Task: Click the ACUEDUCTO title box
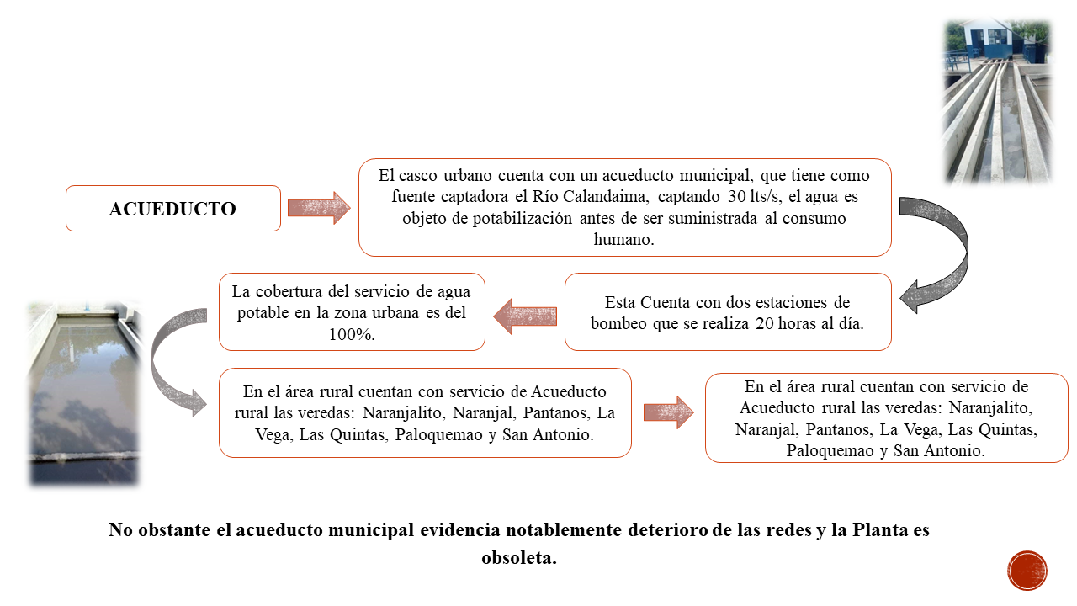[x=173, y=208]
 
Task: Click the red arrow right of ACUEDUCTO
[x=319, y=208]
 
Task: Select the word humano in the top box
[x=623, y=239]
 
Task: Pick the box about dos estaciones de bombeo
[x=728, y=311]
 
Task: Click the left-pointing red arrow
[x=525, y=316]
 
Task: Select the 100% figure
[x=352, y=334]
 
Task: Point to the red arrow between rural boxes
[x=668, y=412]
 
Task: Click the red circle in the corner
[x=1027, y=571]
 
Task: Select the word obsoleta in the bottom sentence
[x=519, y=558]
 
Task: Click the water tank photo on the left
[x=84, y=392]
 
